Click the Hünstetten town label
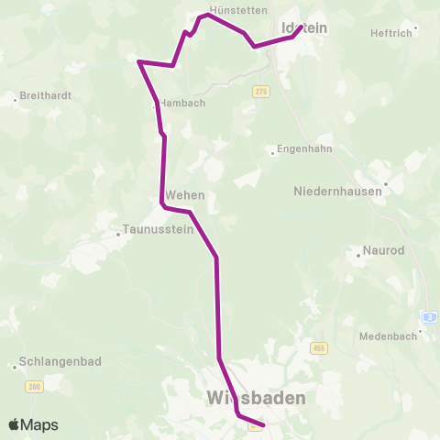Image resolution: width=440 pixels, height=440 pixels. (238, 10)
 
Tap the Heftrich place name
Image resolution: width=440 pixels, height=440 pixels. (389, 33)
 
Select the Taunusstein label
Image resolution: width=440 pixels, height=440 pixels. (159, 230)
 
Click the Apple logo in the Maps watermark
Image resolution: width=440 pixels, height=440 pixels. (15, 424)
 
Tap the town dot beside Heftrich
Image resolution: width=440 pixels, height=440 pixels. (415, 27)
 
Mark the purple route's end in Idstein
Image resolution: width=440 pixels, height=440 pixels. (302, 27)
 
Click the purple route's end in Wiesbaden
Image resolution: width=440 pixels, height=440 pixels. (263, 425)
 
